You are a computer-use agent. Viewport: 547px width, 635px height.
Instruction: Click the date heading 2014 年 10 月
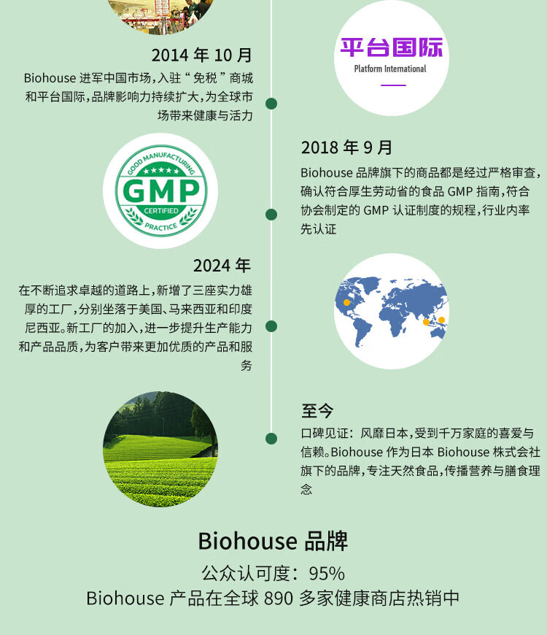tap(202, 55)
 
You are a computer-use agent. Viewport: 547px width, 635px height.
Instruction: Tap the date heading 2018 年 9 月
tap(346, 147)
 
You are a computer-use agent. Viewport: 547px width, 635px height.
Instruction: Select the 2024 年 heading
tap(222, 266)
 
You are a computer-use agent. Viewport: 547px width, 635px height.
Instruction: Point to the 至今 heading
tap(317, 411)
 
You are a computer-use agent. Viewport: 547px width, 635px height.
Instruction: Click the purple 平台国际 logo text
tap(392, 47)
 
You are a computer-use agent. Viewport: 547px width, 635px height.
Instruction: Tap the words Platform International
tap(390, 69)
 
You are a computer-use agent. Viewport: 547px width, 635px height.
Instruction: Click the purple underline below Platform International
tap(393, 85)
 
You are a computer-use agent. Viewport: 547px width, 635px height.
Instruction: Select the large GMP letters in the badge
tap(161, 190)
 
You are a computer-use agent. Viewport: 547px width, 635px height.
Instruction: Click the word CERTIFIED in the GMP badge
tap(161, 211)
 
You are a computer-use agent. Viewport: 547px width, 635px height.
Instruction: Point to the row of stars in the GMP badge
tap(161, 171)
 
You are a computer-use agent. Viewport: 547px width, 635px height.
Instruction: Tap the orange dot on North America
tap(346, 302)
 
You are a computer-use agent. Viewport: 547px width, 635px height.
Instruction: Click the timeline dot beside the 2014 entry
tap(271, 104)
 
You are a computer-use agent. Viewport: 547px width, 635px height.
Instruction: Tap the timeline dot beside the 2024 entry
tap(271, 326)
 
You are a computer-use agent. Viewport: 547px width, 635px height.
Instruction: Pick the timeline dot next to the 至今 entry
tap(271, 438)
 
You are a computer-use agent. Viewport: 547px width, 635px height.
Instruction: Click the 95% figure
tap(327, 574)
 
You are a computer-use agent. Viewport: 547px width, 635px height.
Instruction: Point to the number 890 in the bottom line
tap(279, 599)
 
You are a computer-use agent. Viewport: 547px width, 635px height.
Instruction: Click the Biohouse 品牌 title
tap(273, 541)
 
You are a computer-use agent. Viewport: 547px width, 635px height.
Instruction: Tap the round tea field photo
tap(160, 449)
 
